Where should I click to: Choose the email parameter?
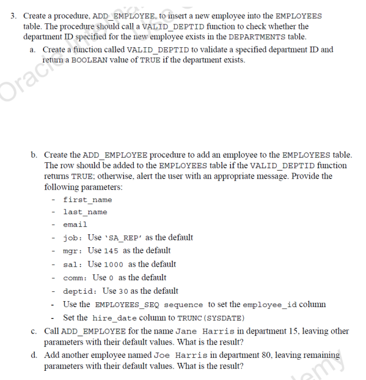[75, 225]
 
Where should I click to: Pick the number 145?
[111, 251]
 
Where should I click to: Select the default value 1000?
[115, 264]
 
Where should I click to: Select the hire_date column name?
[117, 318]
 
